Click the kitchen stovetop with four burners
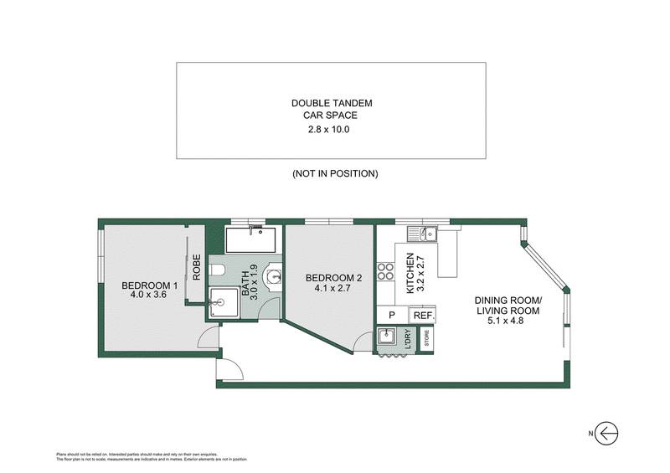(386, 271)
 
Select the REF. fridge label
(421, 316)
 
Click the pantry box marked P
(391, 316)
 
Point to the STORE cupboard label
(426, 340)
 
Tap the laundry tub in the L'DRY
(386, 337)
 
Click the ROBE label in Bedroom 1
(197, 266)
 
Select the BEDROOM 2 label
(332, 278)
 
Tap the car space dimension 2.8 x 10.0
(332, 130)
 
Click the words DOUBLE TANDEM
(332, 103)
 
